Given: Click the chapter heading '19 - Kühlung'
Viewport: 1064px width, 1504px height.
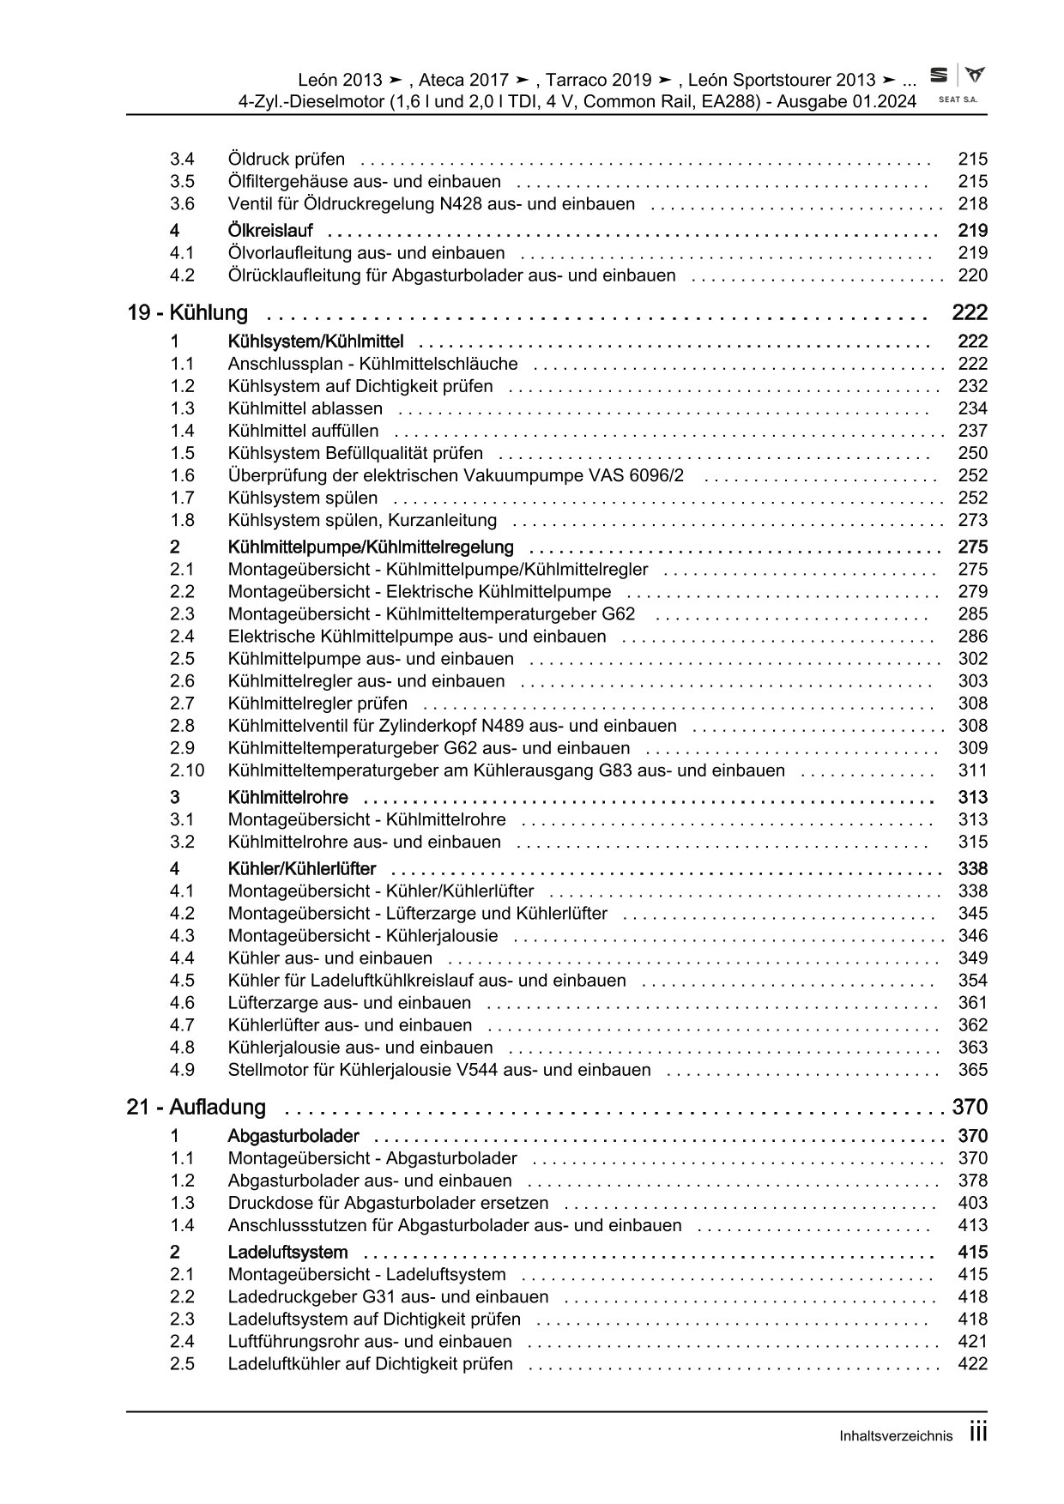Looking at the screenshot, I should [x=188, y=313].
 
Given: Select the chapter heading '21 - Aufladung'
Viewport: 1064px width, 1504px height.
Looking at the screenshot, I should [x=196, y=1108].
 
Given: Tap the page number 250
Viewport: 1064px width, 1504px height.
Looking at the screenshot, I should [x=972, y=454].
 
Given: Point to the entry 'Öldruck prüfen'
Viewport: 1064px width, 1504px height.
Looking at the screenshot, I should [x=287, y=160].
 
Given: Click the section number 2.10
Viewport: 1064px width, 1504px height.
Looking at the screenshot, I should [x=187, y=771].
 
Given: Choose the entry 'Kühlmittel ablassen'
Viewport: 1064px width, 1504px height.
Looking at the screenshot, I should [x=305, y=409].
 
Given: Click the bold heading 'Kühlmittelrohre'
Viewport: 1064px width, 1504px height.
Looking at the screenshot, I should [x=287, y=798].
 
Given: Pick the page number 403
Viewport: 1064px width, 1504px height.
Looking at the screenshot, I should [x=972, y=1204].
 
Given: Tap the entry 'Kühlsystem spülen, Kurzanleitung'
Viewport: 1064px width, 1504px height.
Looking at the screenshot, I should [x=362, y=521].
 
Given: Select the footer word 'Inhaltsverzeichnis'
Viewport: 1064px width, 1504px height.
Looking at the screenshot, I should [x=897, y=1436].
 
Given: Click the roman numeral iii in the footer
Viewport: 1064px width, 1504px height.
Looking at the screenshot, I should [x=978, y=1433].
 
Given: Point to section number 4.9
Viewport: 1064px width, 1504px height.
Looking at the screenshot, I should [x=182, y=1071].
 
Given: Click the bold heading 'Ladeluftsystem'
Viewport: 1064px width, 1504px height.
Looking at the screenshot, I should [x=287, y=1253].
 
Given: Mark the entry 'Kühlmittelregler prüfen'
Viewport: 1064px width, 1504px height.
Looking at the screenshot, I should [x=317, y=704].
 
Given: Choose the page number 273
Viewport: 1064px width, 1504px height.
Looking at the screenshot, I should [x=972, y=521].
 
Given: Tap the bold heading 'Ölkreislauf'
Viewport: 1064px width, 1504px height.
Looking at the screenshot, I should [x=270, y=231].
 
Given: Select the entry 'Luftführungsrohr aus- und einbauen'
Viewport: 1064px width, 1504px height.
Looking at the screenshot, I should [x=370, y=1342].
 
